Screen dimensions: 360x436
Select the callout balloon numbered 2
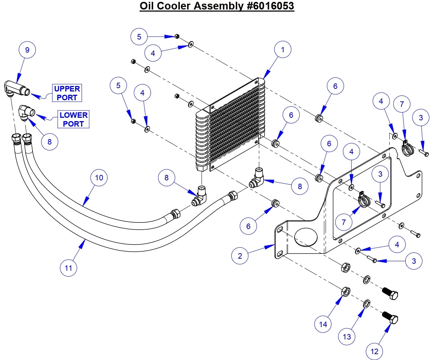[x=240, y=256]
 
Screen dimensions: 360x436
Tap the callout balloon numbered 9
[x=27, y=49]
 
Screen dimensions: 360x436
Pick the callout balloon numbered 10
[x=99, y=178]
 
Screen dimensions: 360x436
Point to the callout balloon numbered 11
[x=69, y=268]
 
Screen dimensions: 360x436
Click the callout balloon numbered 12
[x=375, y=352]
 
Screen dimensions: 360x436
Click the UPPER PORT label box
[x=67, y=93]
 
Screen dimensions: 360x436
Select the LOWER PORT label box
[x=73, y=119]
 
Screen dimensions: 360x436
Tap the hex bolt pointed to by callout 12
[x=390, y=318]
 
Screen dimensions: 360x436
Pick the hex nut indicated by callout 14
[x=346, y=292]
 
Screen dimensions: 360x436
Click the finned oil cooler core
[x=230, y=124]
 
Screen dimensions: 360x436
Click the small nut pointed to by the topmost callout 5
[x=177, y=36]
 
